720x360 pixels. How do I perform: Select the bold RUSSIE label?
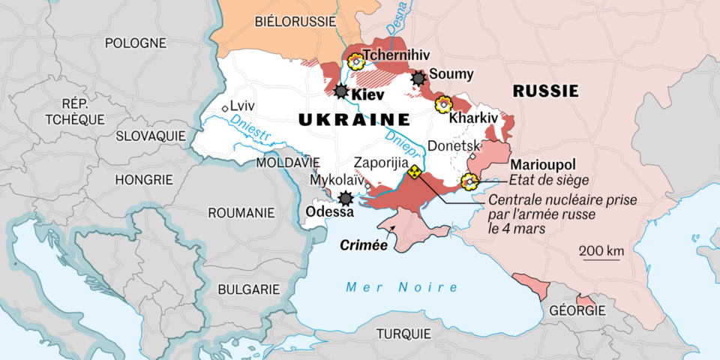tap(545, 91)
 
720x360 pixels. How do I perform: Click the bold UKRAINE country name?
tap(354, 120)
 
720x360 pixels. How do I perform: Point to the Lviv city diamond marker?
tap(225, 108)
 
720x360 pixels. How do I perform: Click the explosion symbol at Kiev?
tap(341, 91)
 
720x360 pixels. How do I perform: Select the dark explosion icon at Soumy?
tap(418, 78)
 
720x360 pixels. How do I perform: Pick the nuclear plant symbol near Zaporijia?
tap(413, 172)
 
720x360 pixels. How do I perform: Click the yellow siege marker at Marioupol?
tap(470, 180)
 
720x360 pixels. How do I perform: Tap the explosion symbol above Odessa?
tap(346, 199)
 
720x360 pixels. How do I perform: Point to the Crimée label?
tap(364, 244)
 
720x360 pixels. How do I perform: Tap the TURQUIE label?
tap(403, 333)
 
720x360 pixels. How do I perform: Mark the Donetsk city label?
tap(452, 146)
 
